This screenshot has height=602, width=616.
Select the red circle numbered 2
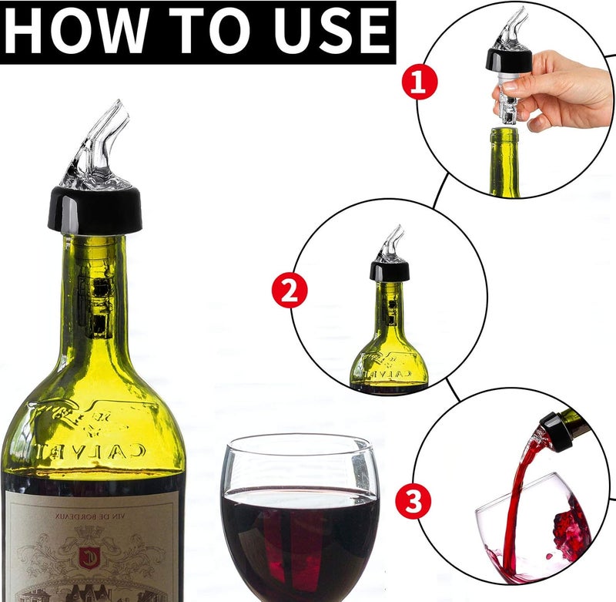290,291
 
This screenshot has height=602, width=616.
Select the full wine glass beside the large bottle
300,516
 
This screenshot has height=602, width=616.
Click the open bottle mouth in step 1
504,135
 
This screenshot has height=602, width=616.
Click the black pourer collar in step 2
389,270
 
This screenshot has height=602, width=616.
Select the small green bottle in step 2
389,347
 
